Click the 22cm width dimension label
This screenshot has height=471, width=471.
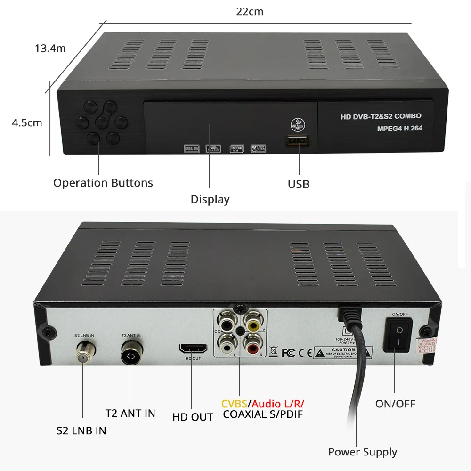coord(250,12)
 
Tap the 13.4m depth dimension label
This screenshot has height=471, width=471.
coord(50,48)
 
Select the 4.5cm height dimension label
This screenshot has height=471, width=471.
coord(27,123)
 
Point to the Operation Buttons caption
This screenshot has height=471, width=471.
coord(103,183)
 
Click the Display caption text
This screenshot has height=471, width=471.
coord(210,199)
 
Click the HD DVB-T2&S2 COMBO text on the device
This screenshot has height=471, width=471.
coord(381,116)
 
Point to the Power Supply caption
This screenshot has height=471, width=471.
coord(363,452)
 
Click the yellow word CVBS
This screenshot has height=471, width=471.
coord(235,404)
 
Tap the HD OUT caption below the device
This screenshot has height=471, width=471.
coord(193,417)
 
